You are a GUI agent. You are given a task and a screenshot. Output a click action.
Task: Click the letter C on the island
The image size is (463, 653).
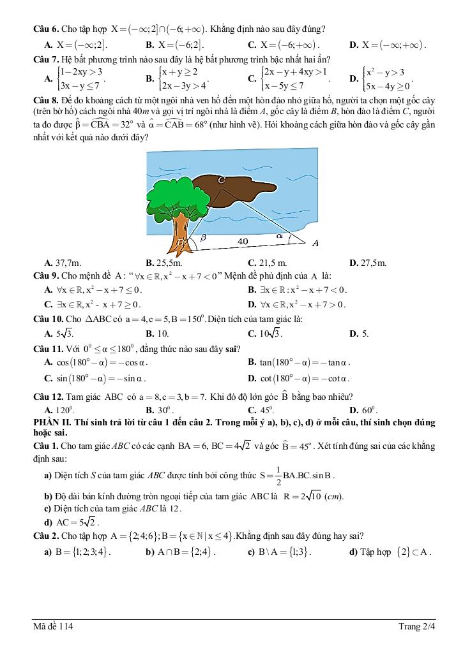pos(221,180)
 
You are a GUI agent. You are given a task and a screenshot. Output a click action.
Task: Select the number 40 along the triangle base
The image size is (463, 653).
pos(243,241)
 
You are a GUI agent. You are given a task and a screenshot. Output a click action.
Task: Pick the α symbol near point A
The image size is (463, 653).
pos(279,235)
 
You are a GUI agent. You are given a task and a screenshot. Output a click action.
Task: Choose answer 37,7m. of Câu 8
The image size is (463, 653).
pos(66,263)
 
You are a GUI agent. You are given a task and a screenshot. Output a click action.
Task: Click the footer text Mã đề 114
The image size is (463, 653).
pos(54,627)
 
